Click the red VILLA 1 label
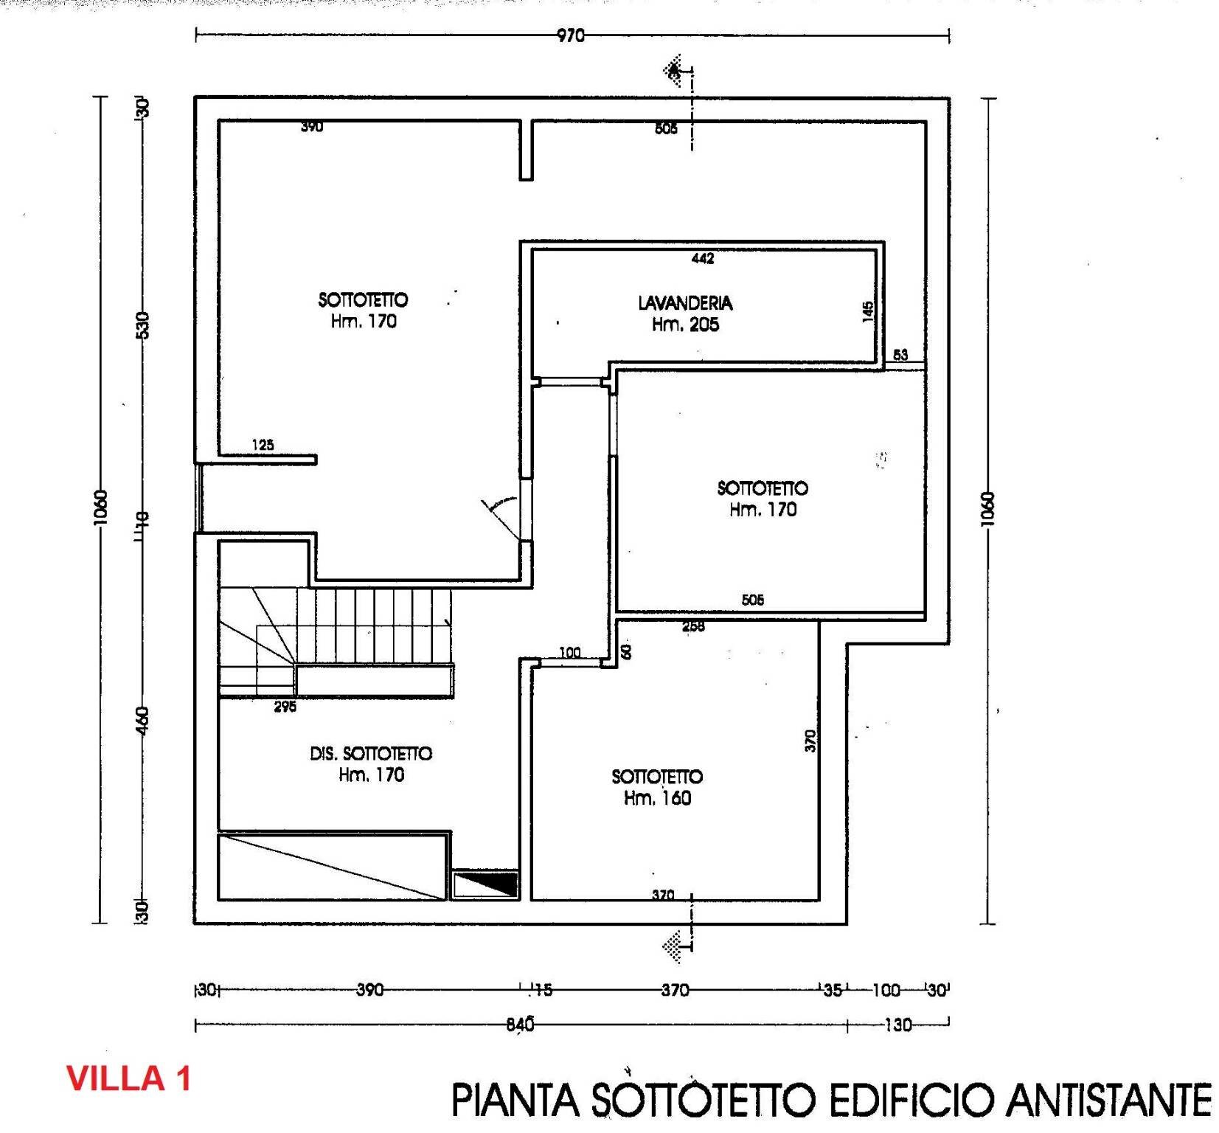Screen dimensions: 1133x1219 pyautogui.click(x=129, y=1078)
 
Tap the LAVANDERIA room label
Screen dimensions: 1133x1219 pyautogui.click(x=685, y=303)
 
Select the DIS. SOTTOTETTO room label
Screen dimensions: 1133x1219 pyautogui.click(x=371, y=754)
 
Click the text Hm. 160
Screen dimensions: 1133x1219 pyautogui.click(x=657, y=798)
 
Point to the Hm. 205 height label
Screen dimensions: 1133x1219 pyautogui.click(x=685, y=325)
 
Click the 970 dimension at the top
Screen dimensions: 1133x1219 pyautogui.click(x=570, y=35)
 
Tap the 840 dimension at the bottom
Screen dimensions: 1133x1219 pyautogui.click(x=520, y=1025)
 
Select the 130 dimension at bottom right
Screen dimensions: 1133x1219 pyautogui.click(x=897, y=1025)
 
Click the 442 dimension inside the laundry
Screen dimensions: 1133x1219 pyautogui.click(x=702, y=258)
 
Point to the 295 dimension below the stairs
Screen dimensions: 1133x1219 pyautogui.click(x=285, y=707)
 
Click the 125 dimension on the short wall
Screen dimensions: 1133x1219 pyautogui.click(x=263, y=445)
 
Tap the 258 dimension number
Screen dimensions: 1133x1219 pyautogui.click(x=693, y=627)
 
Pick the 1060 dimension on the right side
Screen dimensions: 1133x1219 pyautogui.click(x=989, y=509)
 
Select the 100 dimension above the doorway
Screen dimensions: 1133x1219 pyautogui.click(x=569, y=653)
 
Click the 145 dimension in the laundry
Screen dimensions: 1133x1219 pyautogui.click(x=868, y=311)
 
